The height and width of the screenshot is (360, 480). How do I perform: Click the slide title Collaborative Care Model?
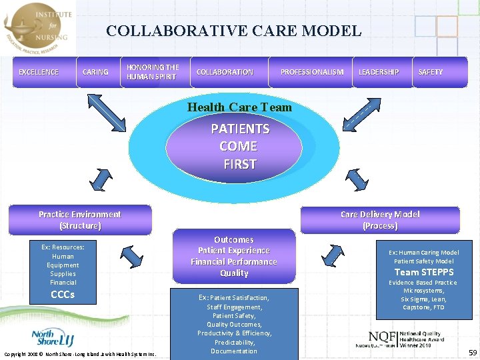(233, 31)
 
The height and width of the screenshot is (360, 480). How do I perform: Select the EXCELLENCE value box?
(39, 72)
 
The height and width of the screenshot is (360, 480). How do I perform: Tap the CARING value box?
(95, 72)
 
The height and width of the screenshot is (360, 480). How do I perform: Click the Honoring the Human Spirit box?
(153, 72)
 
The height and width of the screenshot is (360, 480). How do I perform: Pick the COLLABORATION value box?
(225, 72)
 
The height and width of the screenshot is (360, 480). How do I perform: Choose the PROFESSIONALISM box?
(312, 72)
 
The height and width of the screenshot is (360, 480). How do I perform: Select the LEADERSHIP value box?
(379, 72)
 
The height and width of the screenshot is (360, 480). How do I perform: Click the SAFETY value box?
(430, 72)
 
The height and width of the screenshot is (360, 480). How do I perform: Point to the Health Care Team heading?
(239, 107)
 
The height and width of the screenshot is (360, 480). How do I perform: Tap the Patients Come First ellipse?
(239, 146)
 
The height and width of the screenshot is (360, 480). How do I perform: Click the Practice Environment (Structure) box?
(80, 219)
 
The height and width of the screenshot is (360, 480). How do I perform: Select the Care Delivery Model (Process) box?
(380, 219)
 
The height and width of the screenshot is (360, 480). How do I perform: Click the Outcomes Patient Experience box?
(234, 256)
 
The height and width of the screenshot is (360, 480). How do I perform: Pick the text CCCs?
(63, 295)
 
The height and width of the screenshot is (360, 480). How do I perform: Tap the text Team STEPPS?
(424, 272)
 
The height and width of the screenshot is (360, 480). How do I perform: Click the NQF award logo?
(400, 339)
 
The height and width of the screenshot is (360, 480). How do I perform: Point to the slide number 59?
(472, 352)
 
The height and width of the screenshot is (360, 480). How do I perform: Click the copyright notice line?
(80, 353)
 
